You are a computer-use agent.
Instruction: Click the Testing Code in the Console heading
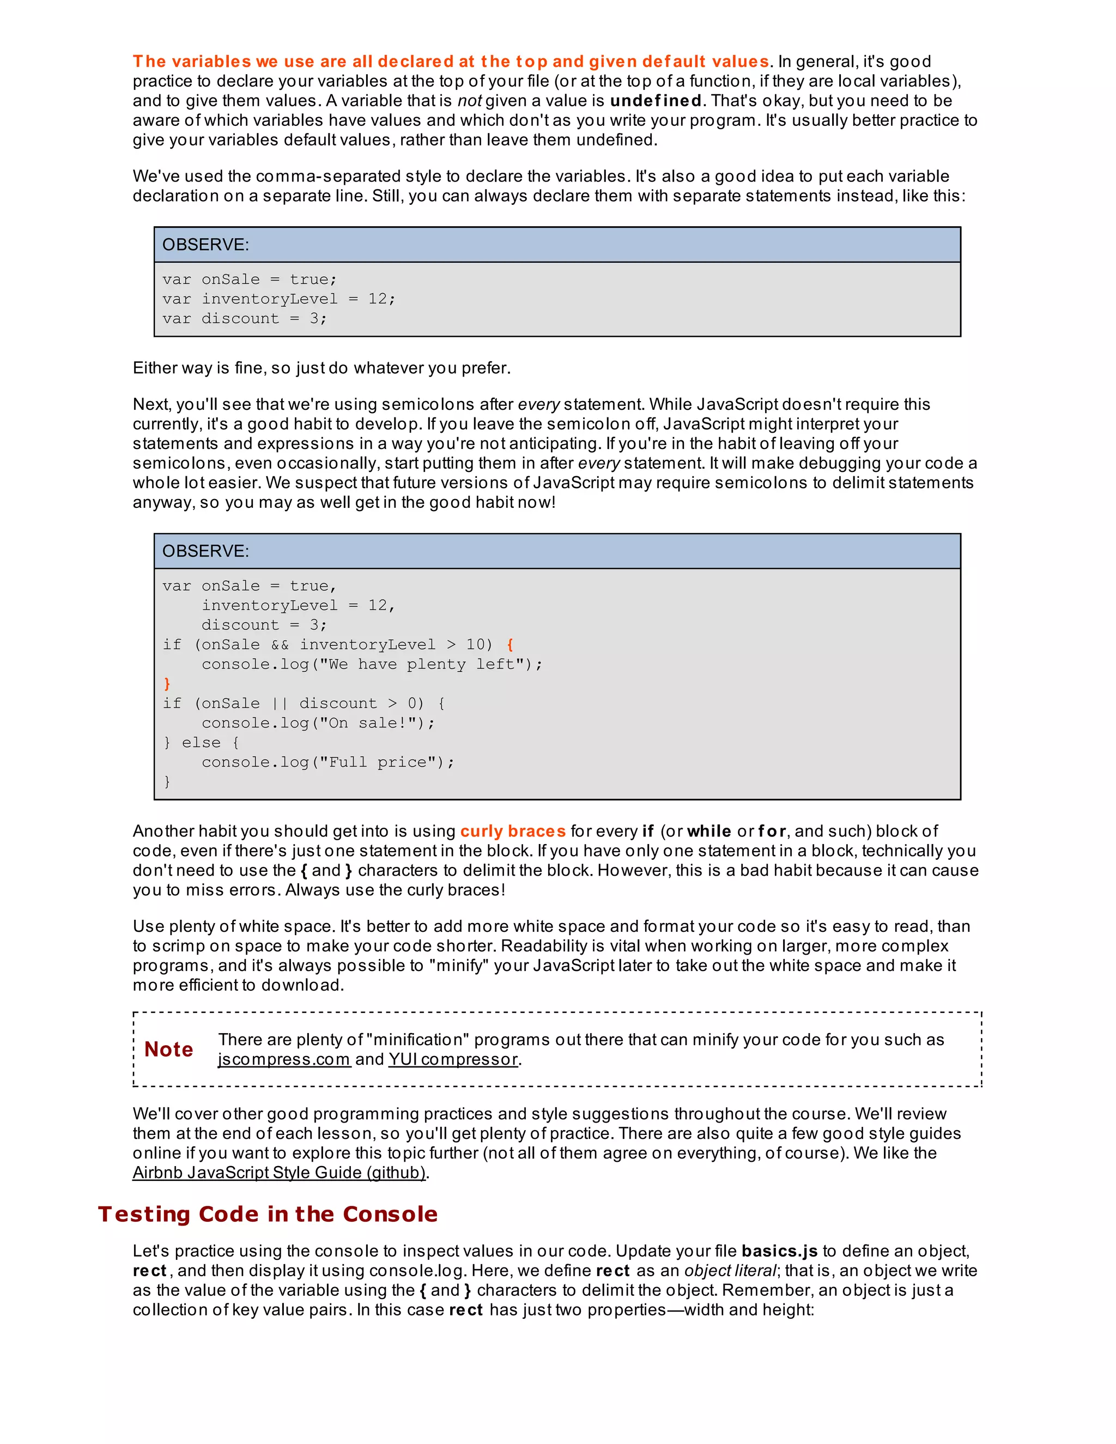(x=268, y=1214)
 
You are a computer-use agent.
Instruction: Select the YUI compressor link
(x=453, y=1059)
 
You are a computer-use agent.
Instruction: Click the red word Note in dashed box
(x=168, y=1049)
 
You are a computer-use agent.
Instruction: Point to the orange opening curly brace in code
(x=510, y=644)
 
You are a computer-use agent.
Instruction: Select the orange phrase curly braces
(x=513, y=831)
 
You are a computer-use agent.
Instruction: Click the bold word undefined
(x=656, y=100)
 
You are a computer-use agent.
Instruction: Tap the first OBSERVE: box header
(x=557, y=245)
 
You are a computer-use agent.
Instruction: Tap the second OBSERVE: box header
(x=557, y=551)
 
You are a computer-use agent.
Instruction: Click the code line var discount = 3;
(x=245, y=318)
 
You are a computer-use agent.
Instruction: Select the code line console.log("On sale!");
(x=318, y=723)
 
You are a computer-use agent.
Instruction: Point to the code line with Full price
(x=328, y=762)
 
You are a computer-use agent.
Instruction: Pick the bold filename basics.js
(x=779, y=1251)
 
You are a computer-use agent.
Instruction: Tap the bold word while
(x=709, y=831)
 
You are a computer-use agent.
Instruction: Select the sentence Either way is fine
(x=322, y=368)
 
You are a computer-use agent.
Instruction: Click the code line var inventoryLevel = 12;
(x=279, y=299)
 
